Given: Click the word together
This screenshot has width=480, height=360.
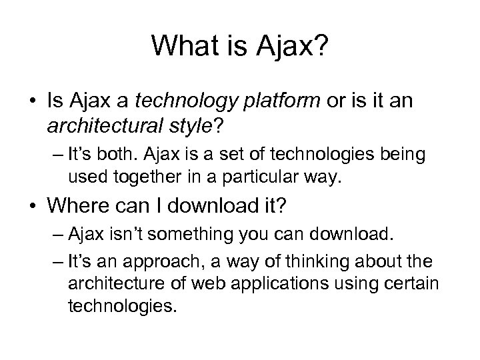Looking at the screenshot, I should pyautogui.click(x=137, y=178).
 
